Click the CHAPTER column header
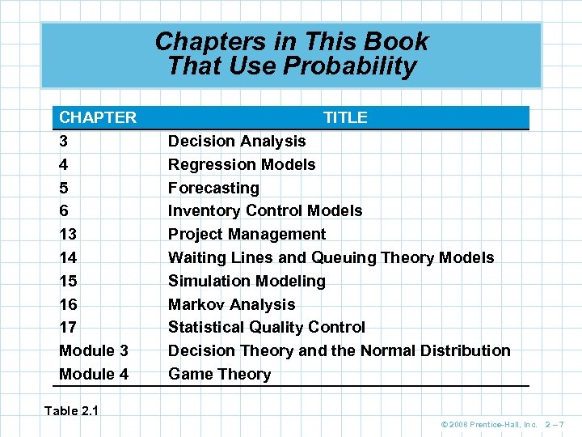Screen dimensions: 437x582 (x=98, y=117)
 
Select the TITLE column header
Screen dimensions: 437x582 (x=345, y=117)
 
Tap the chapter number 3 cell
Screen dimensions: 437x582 (x=64, y=141)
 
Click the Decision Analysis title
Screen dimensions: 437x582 (x=236, y=141)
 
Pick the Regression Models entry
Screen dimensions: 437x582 (x=242, y=164)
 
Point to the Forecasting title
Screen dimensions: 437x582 (x=213, y=188)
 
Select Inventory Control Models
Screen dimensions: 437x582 (x=265, y=210)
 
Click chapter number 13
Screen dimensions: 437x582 (x=69, y=234)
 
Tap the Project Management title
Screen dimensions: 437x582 (x=247, y=234)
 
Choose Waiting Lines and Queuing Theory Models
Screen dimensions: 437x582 (x=331, y=257)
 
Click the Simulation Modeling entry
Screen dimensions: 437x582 (x=247, y=281)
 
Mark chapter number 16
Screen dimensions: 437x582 (x=69, y=304)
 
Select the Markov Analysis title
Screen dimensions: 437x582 (x=231, y=304)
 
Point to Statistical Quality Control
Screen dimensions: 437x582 (x=266, y=327)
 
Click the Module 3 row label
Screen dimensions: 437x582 (x=94, y=350)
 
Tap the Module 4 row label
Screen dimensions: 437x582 (x=94, y=374)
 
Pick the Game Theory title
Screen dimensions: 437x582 (x=219, y=374)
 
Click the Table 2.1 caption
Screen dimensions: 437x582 (x=71, y=410)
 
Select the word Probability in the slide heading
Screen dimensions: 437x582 (x=348, y=66)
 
